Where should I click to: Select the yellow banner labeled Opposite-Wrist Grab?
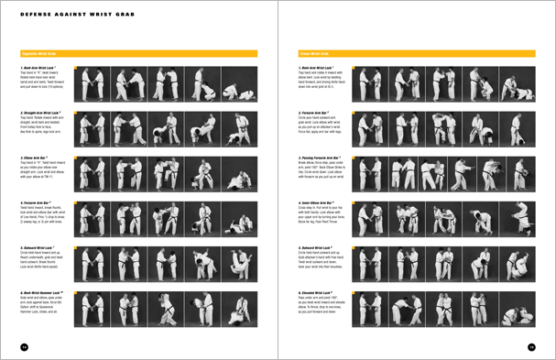click(x=138, y=54)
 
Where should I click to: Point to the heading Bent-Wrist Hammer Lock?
click(x=42, y=291)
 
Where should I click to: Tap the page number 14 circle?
click(x=26, y=345)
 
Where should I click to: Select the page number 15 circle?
click(x=530, y=345)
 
